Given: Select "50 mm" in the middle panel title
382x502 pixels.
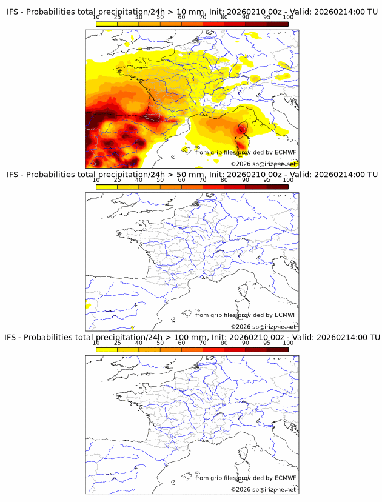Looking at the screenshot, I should (x=186, y=175).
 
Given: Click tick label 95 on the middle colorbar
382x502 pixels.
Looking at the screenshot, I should (x=267, y=181).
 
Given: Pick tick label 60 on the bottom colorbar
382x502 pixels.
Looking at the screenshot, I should (x=181, y=343).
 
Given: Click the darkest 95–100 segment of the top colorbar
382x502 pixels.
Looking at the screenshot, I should (x=277, y=24).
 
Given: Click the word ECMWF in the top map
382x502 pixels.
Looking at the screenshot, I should (x=285, y=152).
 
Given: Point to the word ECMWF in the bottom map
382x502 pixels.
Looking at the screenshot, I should (x=285, y=478).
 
